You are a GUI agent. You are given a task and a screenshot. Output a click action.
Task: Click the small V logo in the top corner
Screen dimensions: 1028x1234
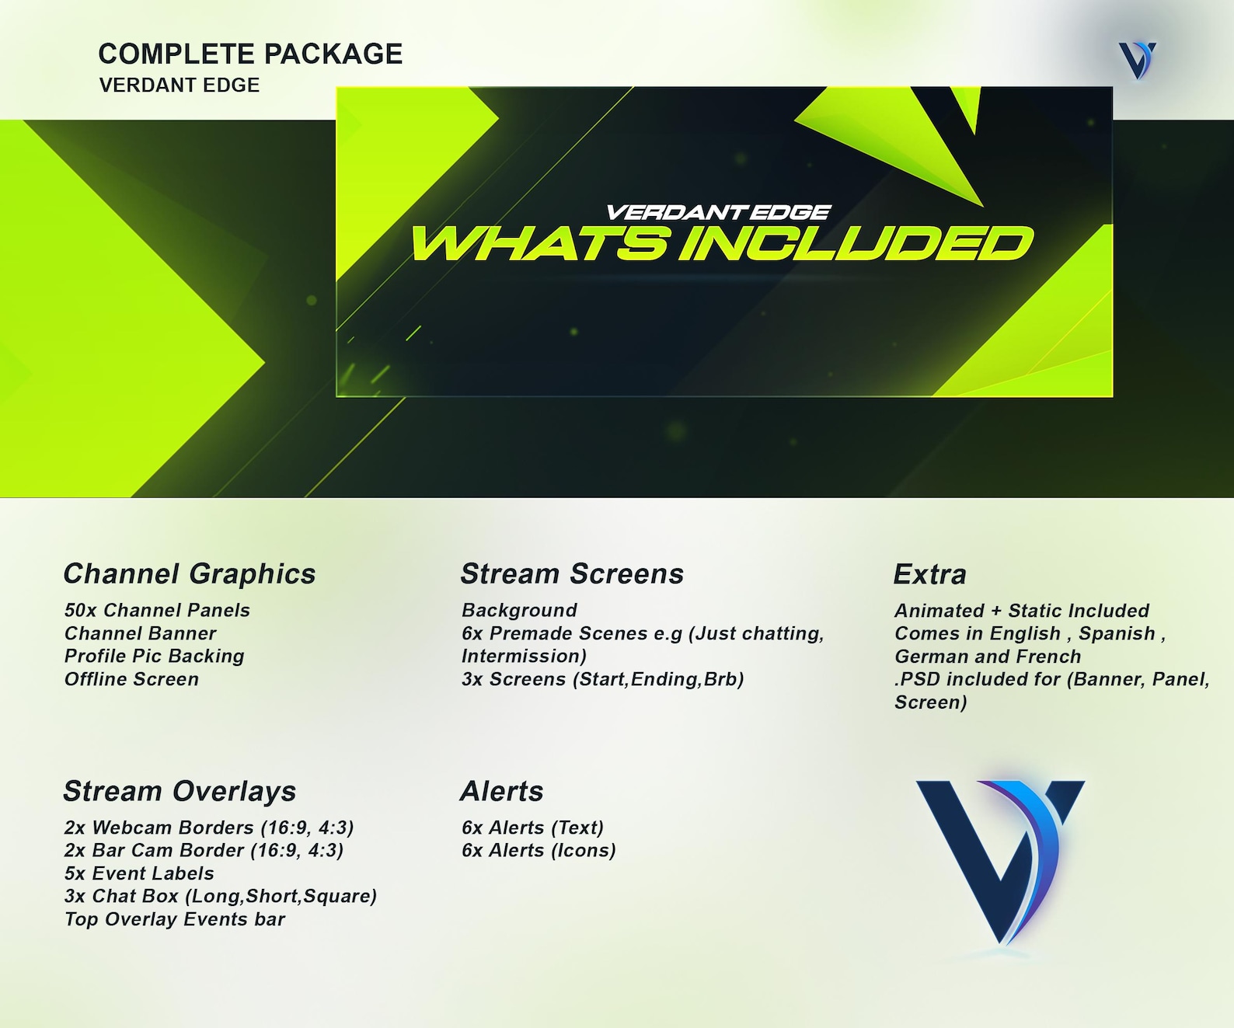click(1138, 60)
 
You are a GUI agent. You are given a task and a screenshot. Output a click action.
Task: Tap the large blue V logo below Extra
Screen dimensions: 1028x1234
click(1000, 859)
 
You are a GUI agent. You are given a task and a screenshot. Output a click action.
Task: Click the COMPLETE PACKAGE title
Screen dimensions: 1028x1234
click(250, 54)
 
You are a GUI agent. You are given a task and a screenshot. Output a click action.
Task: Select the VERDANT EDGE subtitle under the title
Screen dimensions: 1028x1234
click(180, 85)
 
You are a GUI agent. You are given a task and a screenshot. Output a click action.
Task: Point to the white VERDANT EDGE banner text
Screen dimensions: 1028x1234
click(718, 212)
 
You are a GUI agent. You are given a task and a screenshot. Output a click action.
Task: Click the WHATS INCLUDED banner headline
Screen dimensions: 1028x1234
click(722, 244)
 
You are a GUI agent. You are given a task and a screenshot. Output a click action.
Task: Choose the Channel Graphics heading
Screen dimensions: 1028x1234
click(190, 573)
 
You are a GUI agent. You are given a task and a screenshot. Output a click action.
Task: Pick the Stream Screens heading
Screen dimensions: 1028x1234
click(572, 573)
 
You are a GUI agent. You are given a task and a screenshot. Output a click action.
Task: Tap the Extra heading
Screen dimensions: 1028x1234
click(929, 574)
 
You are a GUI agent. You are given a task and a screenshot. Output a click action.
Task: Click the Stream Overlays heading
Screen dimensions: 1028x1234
click(180, 791)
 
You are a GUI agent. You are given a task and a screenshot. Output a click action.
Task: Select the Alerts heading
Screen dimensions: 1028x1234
click(502, 791)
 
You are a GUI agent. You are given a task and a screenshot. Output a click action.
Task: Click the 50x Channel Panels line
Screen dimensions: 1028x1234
click(157, 610)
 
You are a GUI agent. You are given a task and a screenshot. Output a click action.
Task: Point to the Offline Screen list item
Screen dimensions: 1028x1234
click(131, 679)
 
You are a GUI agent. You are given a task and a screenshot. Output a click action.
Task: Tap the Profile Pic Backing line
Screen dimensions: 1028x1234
click(154, 656)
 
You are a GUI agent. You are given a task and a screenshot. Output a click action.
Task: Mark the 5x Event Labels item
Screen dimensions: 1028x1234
click(139, 873)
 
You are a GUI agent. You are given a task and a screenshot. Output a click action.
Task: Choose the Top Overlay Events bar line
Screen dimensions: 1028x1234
click(175, 919)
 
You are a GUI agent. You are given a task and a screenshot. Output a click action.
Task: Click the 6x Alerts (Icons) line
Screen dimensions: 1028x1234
click(539, 850)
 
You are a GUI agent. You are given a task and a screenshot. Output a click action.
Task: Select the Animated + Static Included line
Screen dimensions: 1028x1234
click(1022, 611)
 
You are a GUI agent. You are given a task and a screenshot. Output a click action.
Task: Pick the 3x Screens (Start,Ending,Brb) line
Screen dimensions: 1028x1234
click(602, 679)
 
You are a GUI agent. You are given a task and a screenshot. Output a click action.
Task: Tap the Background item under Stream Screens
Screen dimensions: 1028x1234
click(519, 610)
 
